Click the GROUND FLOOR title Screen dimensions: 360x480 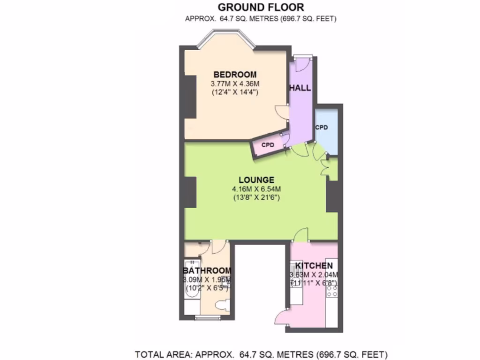point(261,7)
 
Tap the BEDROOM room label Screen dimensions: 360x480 point(235,74)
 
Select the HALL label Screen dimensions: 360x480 point(300,88)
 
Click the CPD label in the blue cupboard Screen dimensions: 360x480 point(321,127)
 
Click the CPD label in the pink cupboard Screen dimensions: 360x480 point(267,145)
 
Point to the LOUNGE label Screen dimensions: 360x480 point(256,180)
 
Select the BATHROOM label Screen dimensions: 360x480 point(207,270)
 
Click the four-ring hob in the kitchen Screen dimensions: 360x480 point(331,291)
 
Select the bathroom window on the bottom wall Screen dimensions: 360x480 point(207,319)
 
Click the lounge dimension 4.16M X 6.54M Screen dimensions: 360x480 point(256,189)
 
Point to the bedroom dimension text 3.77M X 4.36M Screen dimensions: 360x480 point(235,83)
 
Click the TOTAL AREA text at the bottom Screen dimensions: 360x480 point(261,354)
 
